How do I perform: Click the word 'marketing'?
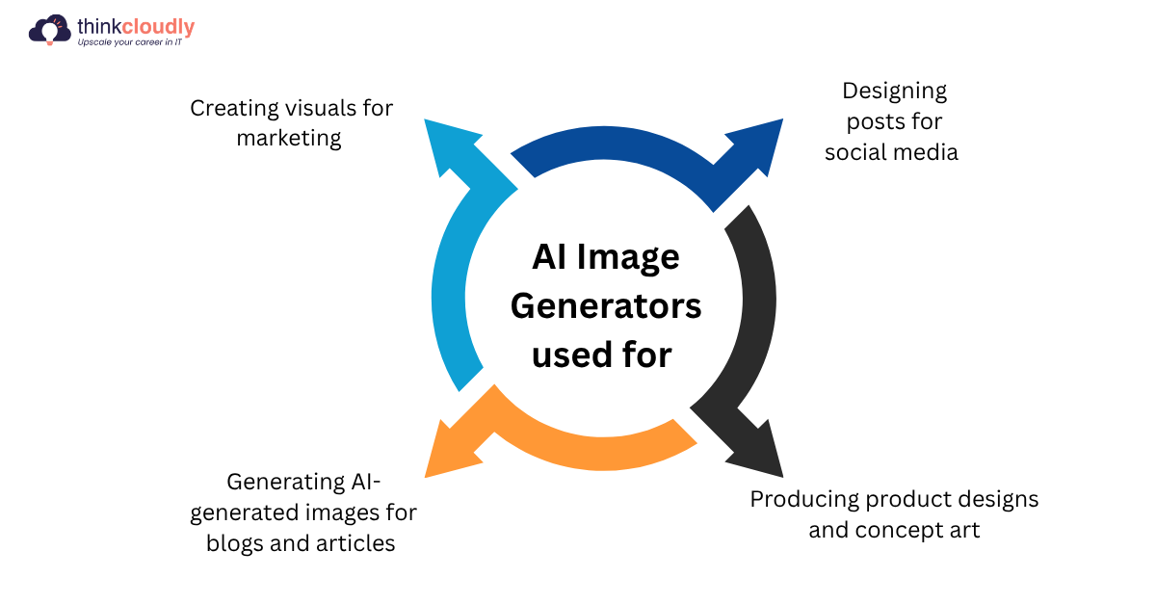pyautogui.click(x=289, y=138)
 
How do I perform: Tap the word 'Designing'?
pyautogui.click(x=894, y=91)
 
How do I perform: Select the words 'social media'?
pyautogui.click(x=891, y=152)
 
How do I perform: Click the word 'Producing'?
pyautogui.click(x=803, y=499)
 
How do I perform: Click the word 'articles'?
pyautogui.click(x=355, y=543)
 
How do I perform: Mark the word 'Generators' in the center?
pyautogui.click(x=605, y=306)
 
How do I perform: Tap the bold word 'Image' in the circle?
pyautogui.click(x=630, y=257)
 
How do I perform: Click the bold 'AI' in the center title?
pyautogui.click(x=550, y=257)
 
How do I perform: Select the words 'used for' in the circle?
pyautogui.click(x=601, y=355)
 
